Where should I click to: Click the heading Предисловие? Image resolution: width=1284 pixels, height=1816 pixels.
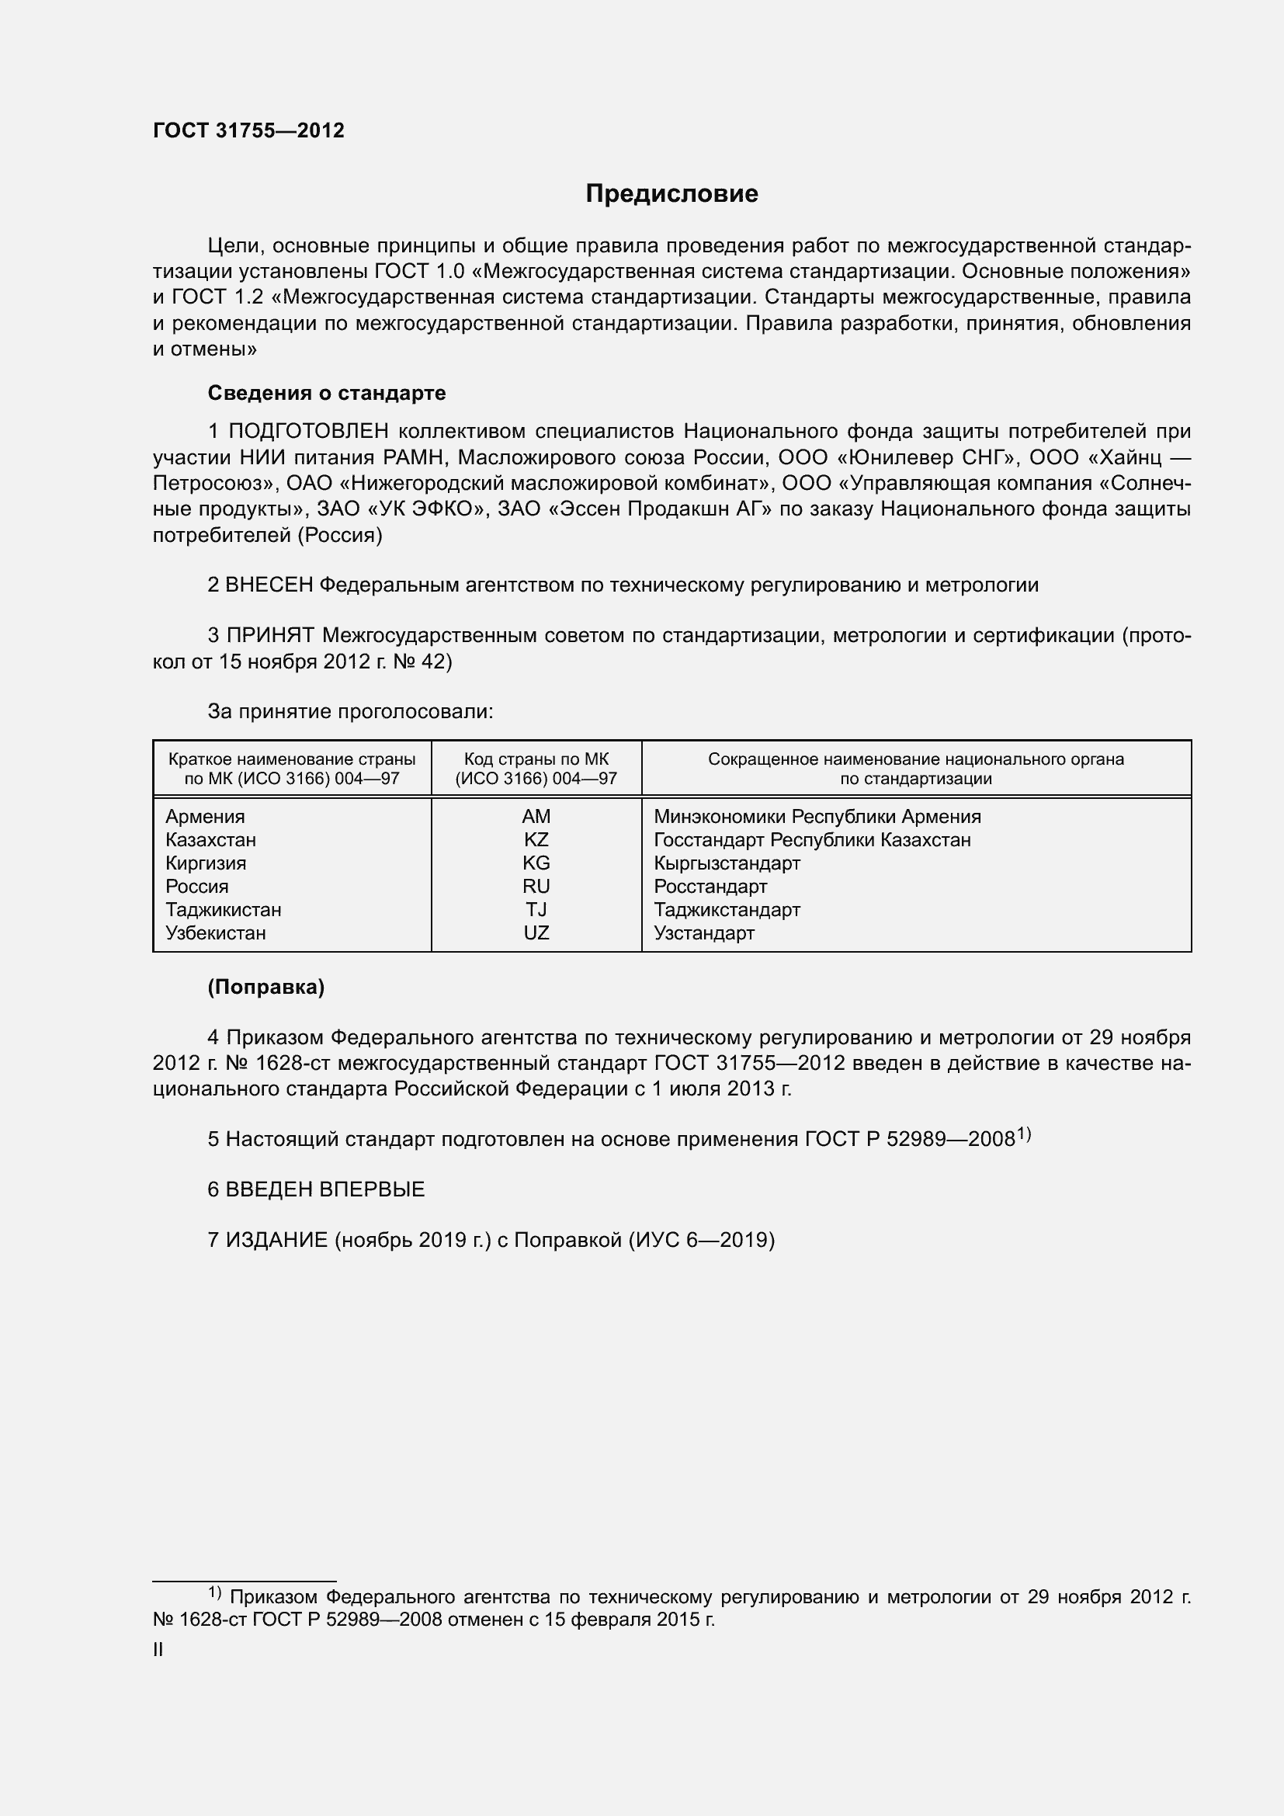(x=671, y=194)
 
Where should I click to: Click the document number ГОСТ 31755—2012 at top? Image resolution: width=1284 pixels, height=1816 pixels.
(x=248, y=131)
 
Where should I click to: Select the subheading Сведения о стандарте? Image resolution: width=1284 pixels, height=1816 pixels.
(x=327, y=393)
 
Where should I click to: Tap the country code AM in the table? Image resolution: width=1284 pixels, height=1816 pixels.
(x=536, y=816)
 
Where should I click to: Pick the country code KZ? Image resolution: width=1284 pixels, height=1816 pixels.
(x=536, y=839)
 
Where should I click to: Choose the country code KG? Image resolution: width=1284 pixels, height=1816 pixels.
(x=536, y=863)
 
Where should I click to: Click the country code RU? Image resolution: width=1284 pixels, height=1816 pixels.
(x=536, y=886)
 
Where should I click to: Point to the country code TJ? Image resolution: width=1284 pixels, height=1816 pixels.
(x=536, y=910)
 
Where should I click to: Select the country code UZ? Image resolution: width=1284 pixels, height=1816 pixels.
(x=536, y=932)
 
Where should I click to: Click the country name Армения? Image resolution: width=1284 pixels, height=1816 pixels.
(x=205, y=816)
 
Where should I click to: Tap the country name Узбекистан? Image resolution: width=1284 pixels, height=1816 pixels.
(x=215, y=932)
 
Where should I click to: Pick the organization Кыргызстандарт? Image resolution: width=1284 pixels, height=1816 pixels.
(x=727, y=863)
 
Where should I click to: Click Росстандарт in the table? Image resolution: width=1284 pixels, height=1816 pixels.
(x=710, y=886)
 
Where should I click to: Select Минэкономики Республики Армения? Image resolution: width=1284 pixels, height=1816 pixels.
(x=817, y=816)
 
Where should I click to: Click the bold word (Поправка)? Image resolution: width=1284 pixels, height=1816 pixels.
(x=265, y=987)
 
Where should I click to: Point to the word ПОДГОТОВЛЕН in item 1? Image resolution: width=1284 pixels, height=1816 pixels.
(x=308, y=431)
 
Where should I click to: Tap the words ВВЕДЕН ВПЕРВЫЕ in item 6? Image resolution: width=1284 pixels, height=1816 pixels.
(x=325, y=1189)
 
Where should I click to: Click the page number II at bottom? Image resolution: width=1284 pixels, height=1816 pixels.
(x=158, y=1650)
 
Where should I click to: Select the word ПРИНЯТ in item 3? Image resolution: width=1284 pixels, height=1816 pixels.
(x=271, y=635)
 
